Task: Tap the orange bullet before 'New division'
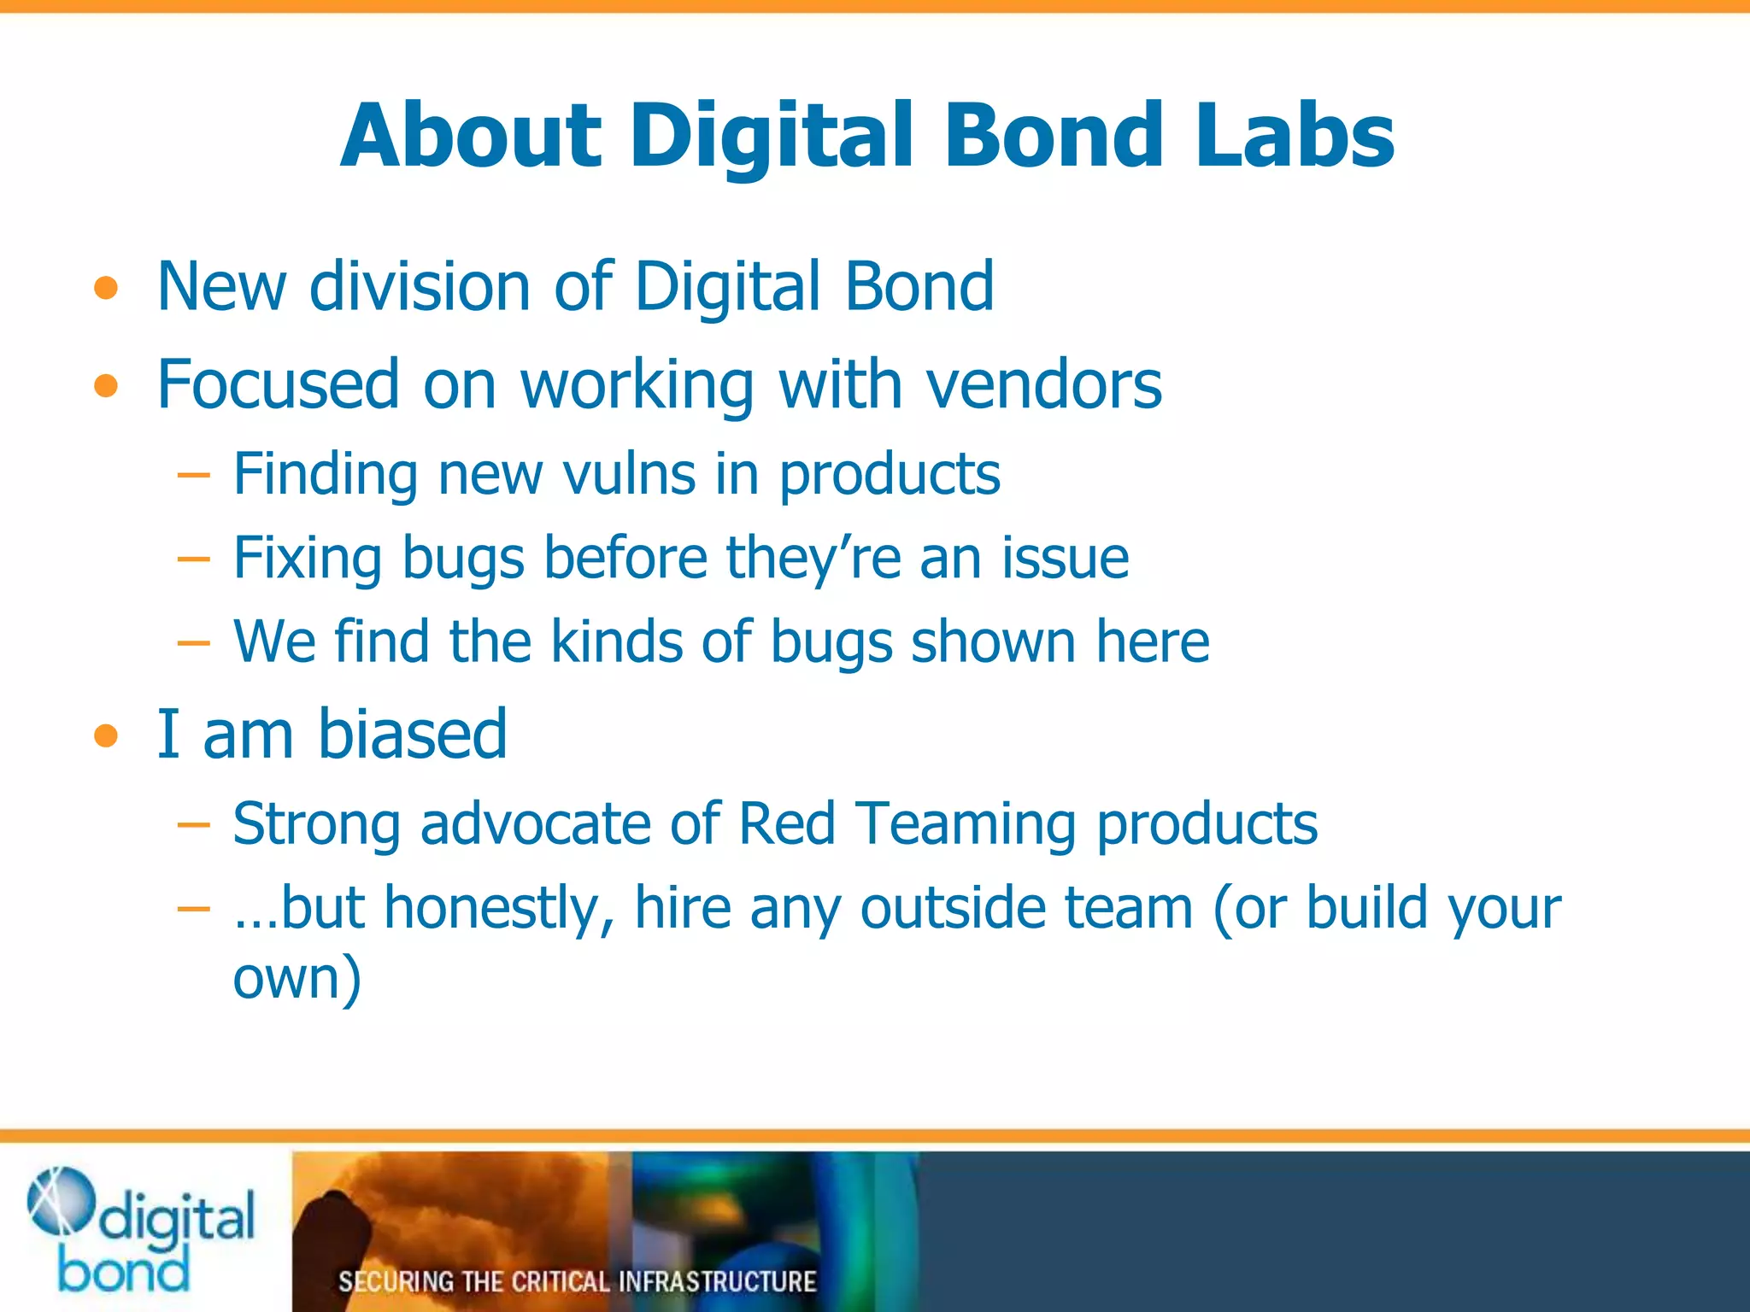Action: click(106, 289)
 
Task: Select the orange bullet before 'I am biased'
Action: click(106, 735)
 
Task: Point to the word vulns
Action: click(629, 474)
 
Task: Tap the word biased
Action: click(413, 735)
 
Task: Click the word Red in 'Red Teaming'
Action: click(786, 824)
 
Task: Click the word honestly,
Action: click(499, 908)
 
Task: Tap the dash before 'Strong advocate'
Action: click(194, 825)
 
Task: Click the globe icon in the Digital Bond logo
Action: click(60, 1201)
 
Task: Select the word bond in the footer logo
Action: click(124, 1271)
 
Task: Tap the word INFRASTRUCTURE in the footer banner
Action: click(717, 1281)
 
